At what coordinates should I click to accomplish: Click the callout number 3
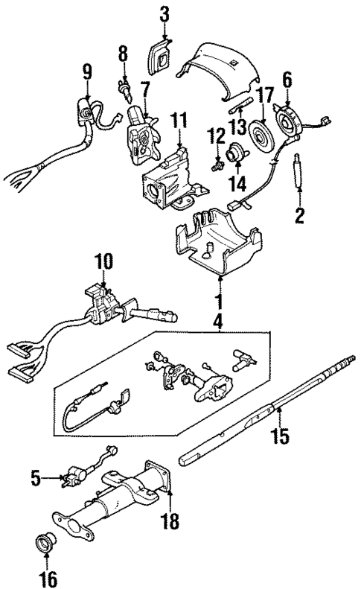coord(164,13)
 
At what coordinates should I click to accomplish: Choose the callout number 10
coord(102,261)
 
